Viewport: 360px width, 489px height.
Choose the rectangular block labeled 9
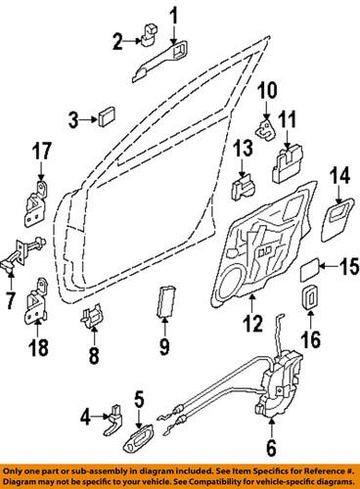pyautogui.click(x=164, y=305)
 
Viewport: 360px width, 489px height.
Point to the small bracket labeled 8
pyautogui.click(x=93, y=317)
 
